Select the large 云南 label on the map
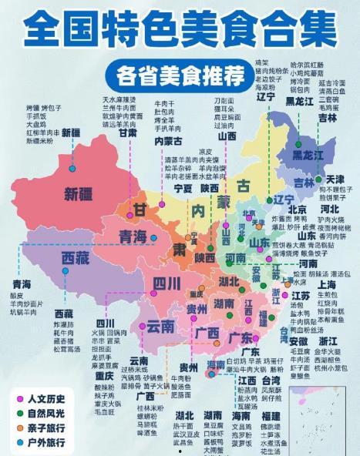click(x=160, y=327)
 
